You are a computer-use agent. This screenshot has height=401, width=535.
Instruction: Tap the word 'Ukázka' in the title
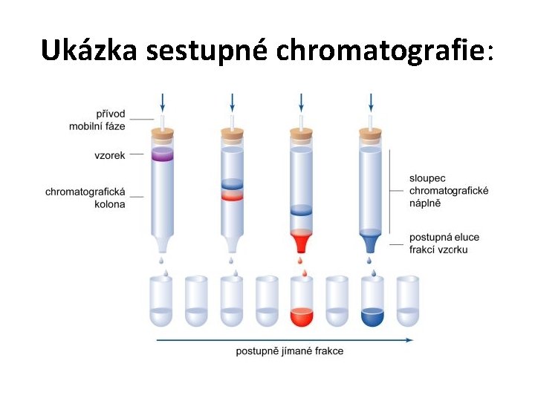click(x=90, y=50)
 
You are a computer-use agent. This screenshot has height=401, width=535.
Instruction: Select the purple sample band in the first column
click(x=162, y=154)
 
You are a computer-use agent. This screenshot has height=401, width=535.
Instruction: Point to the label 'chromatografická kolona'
click(x=85, y=198)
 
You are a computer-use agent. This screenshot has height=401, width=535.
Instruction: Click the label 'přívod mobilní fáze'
click(x=97, y=120)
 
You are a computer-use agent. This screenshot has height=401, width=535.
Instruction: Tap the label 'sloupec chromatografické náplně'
click(x=448, y=190)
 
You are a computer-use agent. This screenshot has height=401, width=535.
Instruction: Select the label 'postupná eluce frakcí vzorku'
click(x=444, y=244)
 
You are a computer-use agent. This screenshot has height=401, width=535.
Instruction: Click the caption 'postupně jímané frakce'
click(x=290, y=351)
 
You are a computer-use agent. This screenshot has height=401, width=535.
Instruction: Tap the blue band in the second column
click(x=232, y=183)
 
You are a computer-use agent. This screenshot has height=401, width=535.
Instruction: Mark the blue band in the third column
click(x=301, y=210)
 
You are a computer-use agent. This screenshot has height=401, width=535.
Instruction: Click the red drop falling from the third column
click(x=301, y=261)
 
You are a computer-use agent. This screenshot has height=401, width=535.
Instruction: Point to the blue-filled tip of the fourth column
click(x=370, y=242)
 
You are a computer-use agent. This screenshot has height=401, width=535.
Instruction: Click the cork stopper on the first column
click(x=162, y=134)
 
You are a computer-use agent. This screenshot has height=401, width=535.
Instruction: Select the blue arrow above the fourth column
click(x=370, y=102)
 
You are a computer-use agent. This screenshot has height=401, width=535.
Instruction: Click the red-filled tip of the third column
click(x=301, y=242)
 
